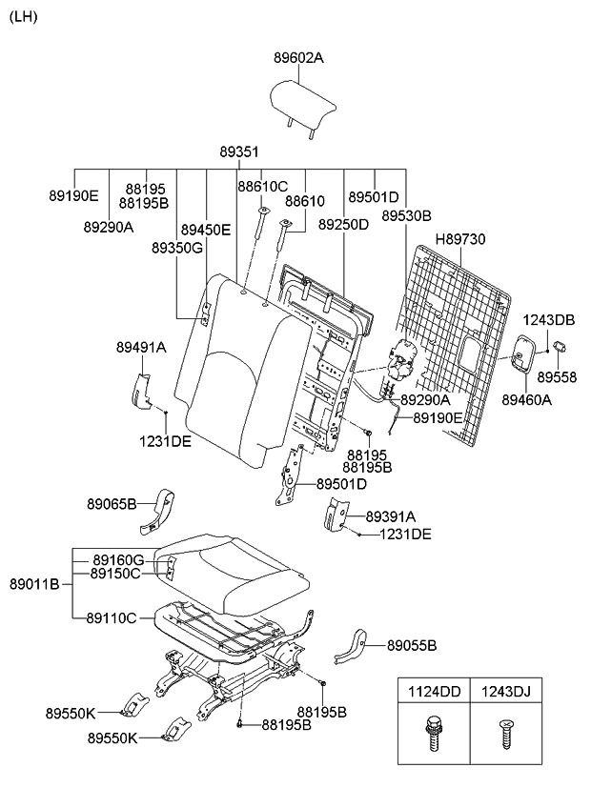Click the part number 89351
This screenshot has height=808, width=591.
pos(239,152)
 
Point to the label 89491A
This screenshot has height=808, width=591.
pos(141,348)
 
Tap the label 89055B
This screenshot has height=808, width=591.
pos(412,646)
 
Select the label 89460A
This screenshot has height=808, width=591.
pos(527,400)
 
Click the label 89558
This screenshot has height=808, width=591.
pos(560,376)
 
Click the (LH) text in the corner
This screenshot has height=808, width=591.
pos(24,18)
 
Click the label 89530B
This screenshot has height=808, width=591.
pos(407,216)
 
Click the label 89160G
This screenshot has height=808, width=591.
pos(118,559)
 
